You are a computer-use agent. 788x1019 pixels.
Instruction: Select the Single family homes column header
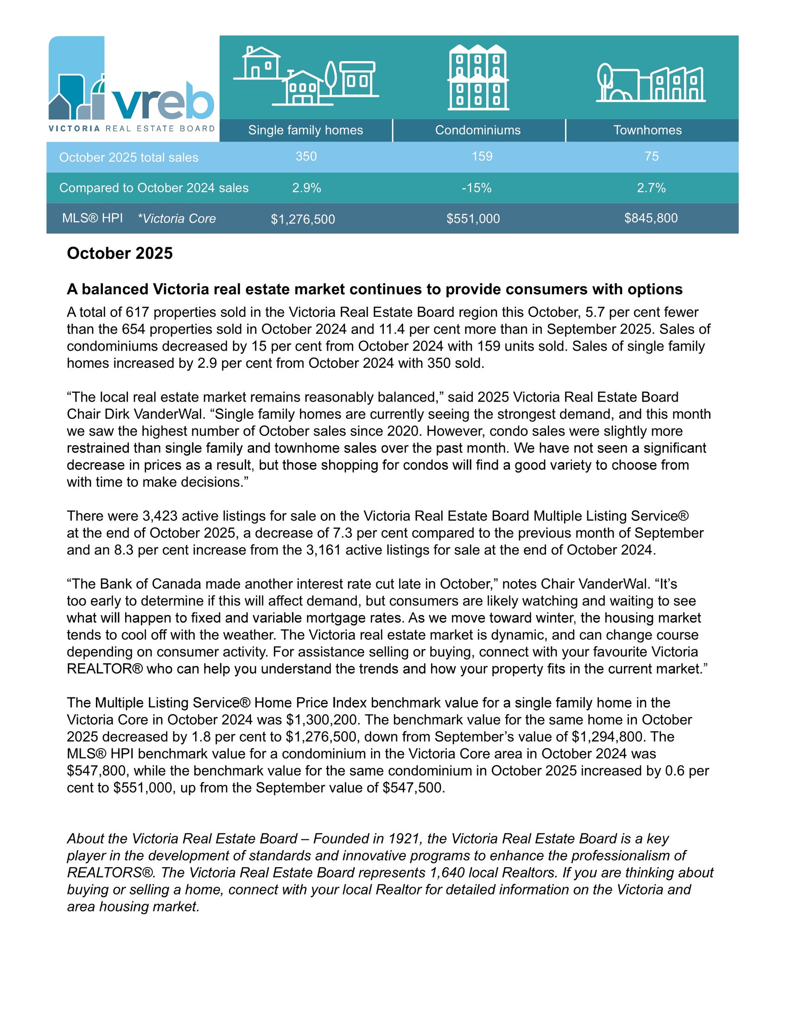[x=305, y=130]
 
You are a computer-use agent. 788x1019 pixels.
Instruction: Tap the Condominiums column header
[x=477, y=130]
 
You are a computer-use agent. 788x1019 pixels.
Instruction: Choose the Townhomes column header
[x=647, y=130]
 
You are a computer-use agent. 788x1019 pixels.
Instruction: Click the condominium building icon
[x=478, y=77]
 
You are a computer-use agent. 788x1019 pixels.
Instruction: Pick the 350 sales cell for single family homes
[x=306, y=156]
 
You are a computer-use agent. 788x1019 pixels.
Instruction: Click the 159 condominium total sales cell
[x=482, y=156]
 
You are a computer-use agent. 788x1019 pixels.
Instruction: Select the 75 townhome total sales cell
[x=651, y=156]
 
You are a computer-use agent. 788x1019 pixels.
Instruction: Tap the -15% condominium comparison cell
[x=477, y=188]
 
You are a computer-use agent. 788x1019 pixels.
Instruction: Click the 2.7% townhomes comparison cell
[x=651, y=188]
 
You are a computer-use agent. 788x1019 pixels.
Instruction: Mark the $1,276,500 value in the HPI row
[x=303, y=219]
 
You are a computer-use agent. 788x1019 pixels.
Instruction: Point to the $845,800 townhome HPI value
[x=651, y=218]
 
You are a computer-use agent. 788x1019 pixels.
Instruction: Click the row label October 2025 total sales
[x=128, y=157]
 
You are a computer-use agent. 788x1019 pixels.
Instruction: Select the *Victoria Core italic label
[x=177, y=218]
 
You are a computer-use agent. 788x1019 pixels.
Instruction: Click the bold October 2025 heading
[x=120, y=253]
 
